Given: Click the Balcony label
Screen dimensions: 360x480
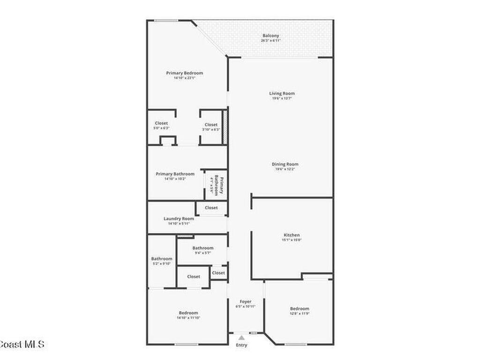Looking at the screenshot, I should click(x=270, y=36).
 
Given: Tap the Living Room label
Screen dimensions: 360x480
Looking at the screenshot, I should click(x=282, y=93).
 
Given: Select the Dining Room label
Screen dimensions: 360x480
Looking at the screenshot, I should click(x=285, y=164).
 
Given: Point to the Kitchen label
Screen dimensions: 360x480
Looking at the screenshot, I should click(x=292, y=235).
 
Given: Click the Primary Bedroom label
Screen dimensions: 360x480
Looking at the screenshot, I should click(x=184, y=73).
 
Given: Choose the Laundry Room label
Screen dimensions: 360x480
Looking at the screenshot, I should click(x=179, y=218).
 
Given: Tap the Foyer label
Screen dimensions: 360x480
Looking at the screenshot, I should click(x=245, y=301).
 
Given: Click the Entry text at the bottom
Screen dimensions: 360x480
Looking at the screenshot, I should click(x=241, y=345).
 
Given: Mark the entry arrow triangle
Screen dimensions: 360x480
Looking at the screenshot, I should click(x=241, y=337).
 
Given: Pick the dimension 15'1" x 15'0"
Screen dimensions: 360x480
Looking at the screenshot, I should click(x=292, y=240).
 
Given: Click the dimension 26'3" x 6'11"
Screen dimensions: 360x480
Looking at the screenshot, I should click(x=270, y=41).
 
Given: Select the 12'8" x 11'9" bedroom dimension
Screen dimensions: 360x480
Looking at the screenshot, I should click(x=300, y=314).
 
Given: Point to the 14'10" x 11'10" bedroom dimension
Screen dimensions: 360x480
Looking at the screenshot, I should click(x=188, y=318).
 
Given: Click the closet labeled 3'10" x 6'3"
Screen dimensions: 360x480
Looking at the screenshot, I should click(x=211, y=127).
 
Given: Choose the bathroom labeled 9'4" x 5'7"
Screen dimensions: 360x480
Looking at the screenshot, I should click(x=202, y=250).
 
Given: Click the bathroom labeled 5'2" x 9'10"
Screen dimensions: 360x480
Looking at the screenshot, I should click(x=161, y=261).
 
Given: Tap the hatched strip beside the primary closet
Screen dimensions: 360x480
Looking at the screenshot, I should click(x=225, y=127).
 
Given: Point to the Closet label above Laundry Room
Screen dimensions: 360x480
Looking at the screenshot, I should click(x=211, y=208).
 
